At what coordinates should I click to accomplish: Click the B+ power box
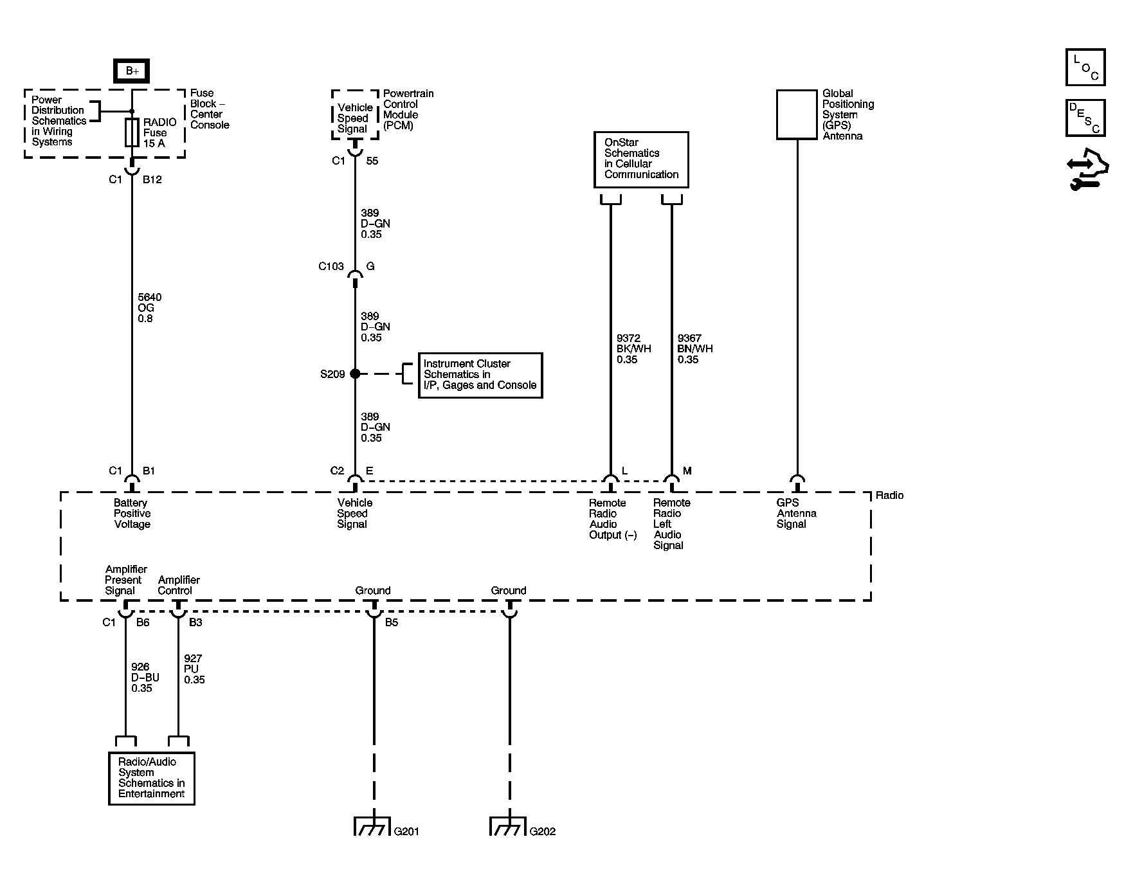pos(132,71)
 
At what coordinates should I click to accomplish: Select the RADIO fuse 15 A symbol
pos(132,133)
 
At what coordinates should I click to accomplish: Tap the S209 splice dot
pos(355,374)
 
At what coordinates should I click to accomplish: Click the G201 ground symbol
pos(372,826)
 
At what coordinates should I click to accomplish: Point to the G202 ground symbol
pos(508,826)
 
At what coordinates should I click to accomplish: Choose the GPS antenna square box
pos(796,114)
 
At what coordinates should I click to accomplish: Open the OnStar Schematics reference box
pos(641,159)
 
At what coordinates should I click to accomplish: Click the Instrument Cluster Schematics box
pos(480,375)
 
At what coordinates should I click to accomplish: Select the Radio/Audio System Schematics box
pos(152,778)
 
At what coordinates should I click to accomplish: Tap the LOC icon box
pos(1085,68)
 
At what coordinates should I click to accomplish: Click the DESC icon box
pos(1085,118)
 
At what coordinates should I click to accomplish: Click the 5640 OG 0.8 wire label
pos(149,308)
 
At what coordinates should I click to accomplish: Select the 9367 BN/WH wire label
pos(695,349)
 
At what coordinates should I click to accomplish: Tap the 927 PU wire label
pos(194,669)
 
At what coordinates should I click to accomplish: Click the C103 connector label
pos(331,266)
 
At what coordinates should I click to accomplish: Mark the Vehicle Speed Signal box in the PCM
pos(354,118)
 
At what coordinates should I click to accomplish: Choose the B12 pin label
pos(152,180)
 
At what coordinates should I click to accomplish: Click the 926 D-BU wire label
pos(145,678)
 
